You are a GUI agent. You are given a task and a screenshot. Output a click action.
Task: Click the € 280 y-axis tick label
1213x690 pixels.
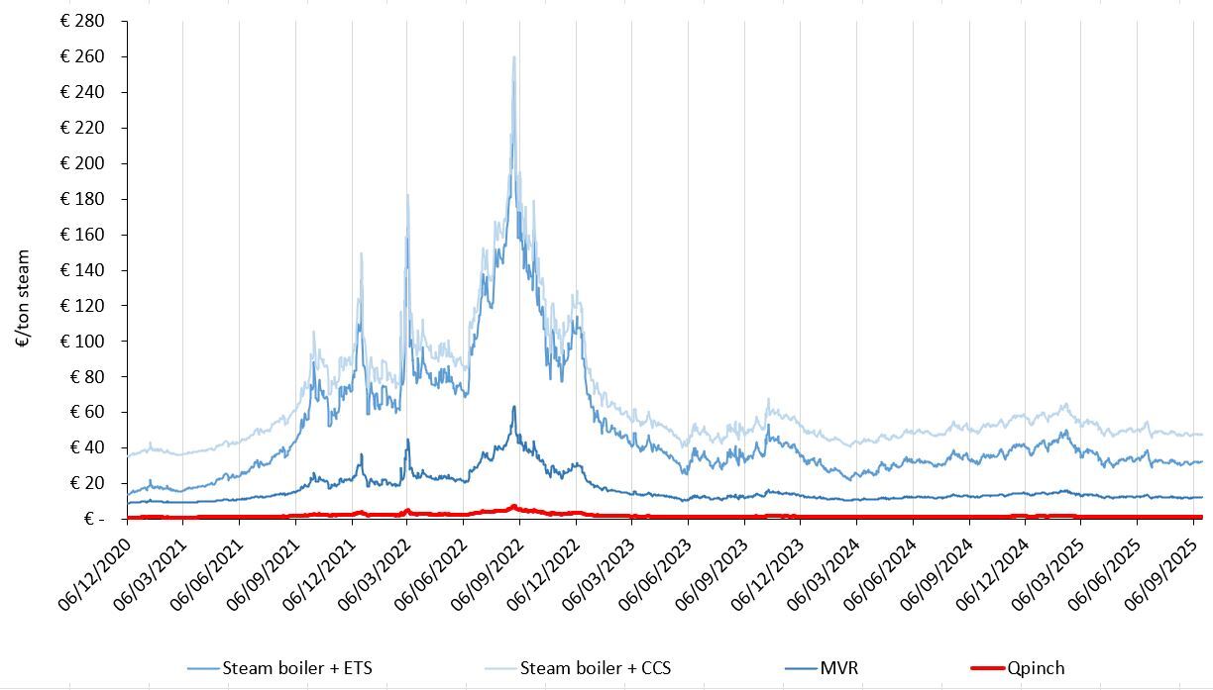pyautogui.click(x=83, y=21)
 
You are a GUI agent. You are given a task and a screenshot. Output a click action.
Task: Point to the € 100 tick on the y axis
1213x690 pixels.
pyautogui.click(x=83, y=342)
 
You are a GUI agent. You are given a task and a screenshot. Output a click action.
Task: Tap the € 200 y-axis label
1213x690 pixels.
pyautogui.click(x=83, y=163)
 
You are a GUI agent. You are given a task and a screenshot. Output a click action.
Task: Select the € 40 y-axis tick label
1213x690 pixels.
pyautogui.click(x=87, y=447)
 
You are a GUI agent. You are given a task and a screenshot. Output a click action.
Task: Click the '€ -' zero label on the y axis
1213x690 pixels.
pyautogui.click(x=94, y=519)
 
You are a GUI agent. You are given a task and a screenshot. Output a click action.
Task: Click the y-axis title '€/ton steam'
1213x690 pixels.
pyautogui.click(x=23, y=298)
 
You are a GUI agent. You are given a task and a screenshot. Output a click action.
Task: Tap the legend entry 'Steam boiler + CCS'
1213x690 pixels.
pyautogui.click(x=595, y=668)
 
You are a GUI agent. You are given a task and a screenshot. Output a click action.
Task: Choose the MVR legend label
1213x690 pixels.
pyautogui.click(x=838, y=668)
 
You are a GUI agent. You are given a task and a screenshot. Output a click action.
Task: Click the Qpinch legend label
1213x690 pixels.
pyautogui.click(x=1036, y=668)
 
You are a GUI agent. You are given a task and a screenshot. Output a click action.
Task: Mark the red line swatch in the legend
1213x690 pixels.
pyautogui.click(x=985, y=668)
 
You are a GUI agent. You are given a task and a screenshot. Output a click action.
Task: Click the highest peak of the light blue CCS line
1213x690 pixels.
pyautogui.click(x=513, y=57)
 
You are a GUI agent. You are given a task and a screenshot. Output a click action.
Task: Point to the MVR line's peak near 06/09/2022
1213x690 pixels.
pyautogui.click(x=513, y=407)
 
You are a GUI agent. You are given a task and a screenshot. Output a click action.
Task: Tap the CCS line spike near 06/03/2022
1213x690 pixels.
pyautogui.click(x=407, y=195)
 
